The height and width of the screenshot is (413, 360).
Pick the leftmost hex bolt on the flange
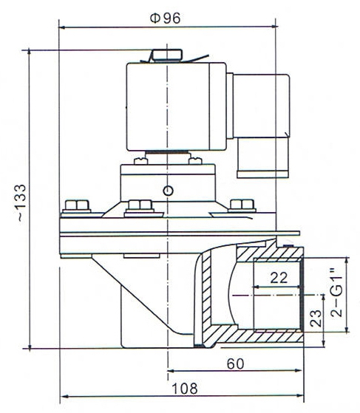point(76,205)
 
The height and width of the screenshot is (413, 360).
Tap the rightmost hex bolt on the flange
point(240,205)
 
